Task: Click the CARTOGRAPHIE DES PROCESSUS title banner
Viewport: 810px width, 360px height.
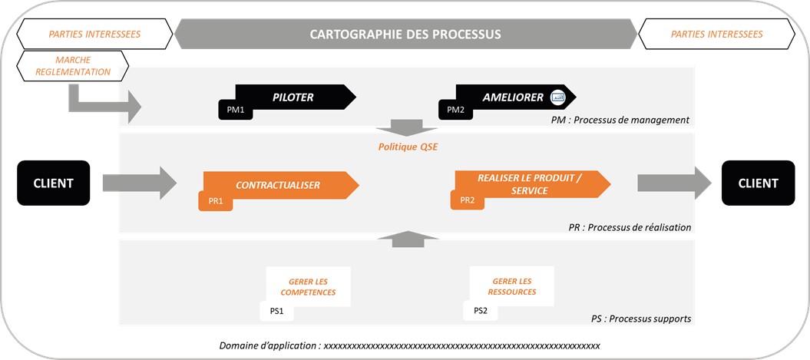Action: click(x=405, y=35)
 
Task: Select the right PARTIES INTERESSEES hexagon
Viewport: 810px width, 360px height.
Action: click(x=716, y=35)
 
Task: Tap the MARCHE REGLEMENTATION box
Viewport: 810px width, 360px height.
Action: click(x=73, y=66)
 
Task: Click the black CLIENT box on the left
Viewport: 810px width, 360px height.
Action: click(x=53, y=183)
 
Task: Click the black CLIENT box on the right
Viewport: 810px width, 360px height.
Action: click(x=757, y=183)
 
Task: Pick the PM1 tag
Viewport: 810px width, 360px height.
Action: click(x=236, y=111)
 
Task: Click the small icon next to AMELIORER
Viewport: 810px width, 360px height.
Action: click(x=558, y=97)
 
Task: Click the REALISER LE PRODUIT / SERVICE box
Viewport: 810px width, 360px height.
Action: click(x=530, y=183)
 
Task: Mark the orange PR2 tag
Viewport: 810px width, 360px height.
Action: click(x=467, y=200)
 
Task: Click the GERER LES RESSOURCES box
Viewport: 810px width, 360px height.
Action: click(x=512, y=286)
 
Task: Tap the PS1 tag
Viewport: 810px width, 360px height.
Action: click(x=277, y=311)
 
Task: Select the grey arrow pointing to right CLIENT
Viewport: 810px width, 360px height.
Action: click(x=673, y=183)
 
